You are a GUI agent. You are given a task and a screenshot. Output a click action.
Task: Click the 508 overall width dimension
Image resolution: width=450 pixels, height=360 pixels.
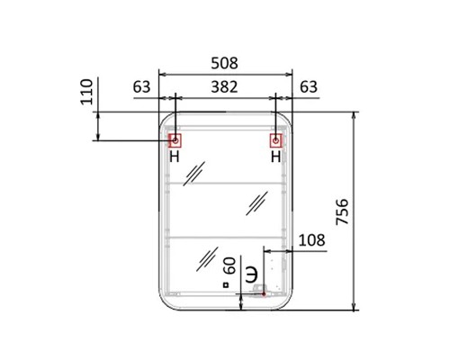click(x=224, y=63)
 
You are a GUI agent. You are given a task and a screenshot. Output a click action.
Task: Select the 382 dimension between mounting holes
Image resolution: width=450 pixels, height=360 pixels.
click(x=224, y=87)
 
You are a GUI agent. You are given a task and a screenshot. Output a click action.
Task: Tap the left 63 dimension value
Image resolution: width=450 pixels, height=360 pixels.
click(x=141, y=87)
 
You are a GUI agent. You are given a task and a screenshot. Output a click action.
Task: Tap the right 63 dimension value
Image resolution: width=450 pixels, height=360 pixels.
click(x=309, y=87)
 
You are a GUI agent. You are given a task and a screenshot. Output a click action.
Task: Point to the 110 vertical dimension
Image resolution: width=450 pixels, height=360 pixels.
click(x=86, y=92)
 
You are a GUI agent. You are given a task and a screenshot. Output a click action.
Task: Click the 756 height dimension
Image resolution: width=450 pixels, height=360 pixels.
click(x=342, y=211)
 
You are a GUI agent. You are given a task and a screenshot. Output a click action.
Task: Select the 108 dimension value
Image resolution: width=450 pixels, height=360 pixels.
click(x=312, y=240)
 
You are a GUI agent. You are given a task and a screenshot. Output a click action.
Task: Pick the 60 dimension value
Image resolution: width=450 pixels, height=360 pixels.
click(x=230, y=266)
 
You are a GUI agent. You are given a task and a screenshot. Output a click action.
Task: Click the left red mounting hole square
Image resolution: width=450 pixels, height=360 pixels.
click(x=175, y=140)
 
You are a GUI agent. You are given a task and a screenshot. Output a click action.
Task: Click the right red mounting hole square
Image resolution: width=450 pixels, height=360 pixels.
click(x=275, y=140)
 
